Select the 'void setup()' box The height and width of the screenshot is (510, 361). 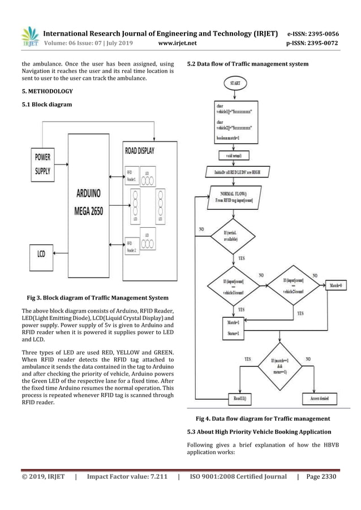click(x=233, y=154)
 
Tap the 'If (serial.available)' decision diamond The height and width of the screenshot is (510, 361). click(x=233, y=237)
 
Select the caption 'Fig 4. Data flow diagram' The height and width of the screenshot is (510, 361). click(x=263, y=419)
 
